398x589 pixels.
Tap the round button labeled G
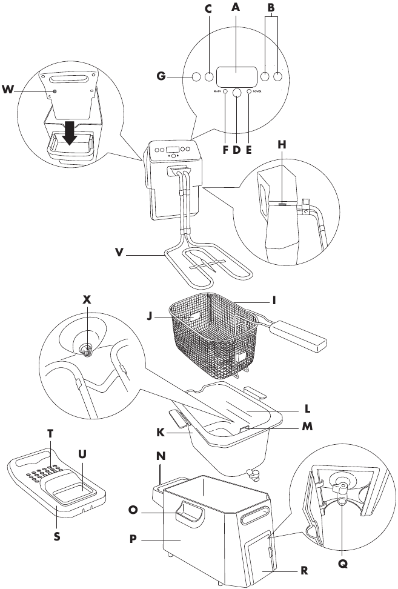(196, 78)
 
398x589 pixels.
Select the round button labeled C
(210, 78)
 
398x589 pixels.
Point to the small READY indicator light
(225, 92)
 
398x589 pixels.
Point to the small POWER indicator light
(248, 92)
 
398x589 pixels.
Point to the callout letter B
(271, 8)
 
